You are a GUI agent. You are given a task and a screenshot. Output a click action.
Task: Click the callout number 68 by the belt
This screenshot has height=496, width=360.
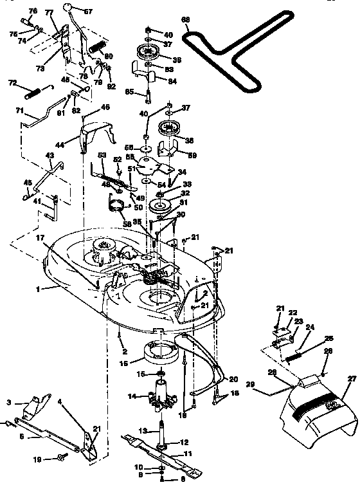click(186, 20)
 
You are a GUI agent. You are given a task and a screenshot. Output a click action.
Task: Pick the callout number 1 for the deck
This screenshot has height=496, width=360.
click(38, 289)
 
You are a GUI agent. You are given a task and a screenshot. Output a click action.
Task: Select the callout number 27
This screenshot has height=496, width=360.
click(352, 379)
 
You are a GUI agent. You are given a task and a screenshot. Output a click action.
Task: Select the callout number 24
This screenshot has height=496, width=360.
click(310, 327)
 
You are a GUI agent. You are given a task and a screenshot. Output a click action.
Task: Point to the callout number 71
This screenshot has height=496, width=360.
click(20, 110)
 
